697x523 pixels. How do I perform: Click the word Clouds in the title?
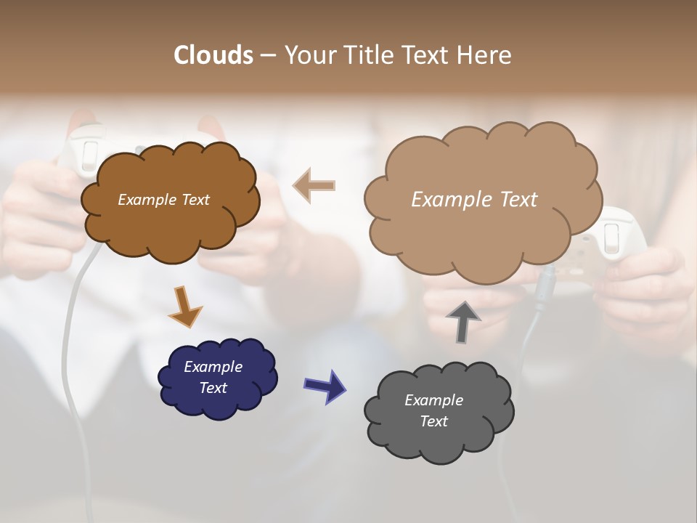point(213,55)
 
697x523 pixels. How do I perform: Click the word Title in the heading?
point(366,55)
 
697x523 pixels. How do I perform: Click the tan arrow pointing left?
point(314,185)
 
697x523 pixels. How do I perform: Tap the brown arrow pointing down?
point(185,307)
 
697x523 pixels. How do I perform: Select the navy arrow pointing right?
point(325,386)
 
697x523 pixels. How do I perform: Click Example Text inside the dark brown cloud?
point(164,200)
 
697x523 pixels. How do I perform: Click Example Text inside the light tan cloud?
point(474,200)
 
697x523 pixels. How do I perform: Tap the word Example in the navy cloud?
point(213,367)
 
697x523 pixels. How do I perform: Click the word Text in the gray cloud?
point(433,421)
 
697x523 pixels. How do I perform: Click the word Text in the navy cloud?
point(213,388)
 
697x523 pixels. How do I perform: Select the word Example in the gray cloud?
point(433,400)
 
